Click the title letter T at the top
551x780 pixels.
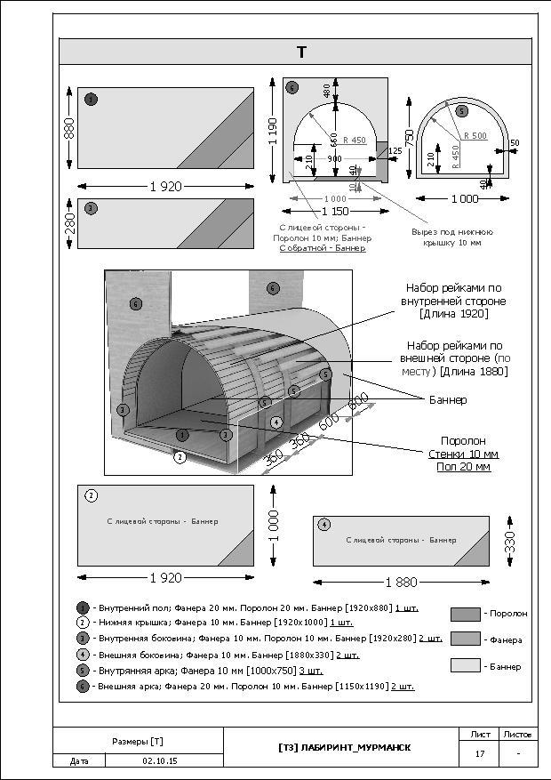coord(301,52)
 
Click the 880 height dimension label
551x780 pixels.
coord(68,128)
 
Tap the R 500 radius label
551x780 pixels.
coord(473,136)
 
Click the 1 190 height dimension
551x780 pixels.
coord(274,130)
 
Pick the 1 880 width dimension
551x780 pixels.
coord(401,582)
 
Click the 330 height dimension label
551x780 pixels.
coord(510,541)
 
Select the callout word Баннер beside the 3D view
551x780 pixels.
coord(449,400)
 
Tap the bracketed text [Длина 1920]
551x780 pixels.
coord(454,314)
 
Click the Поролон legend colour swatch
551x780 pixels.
coord(465,614)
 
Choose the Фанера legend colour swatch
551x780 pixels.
coord(465,639)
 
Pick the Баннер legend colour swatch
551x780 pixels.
coord(465,664)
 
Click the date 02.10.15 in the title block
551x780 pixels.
coord(160,761)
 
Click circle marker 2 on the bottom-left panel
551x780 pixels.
coord(91,496)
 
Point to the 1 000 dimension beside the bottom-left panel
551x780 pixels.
coord(274,526)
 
